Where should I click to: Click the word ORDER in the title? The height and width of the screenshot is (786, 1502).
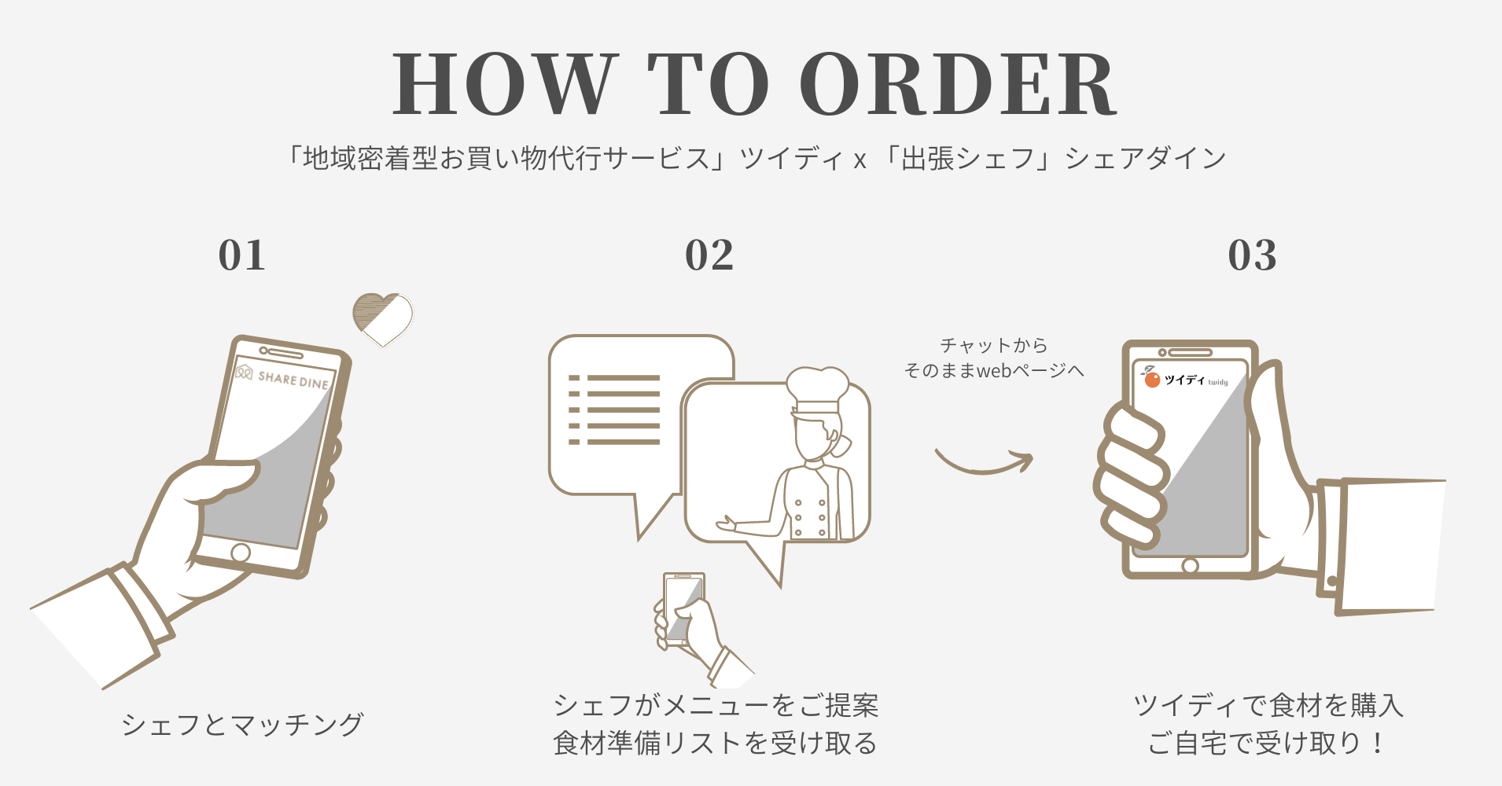959,84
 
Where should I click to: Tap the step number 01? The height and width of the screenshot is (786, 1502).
242,255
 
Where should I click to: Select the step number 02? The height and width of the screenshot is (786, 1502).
709,255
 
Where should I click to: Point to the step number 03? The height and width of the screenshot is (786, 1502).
1253,255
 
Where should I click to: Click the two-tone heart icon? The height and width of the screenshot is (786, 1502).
383,319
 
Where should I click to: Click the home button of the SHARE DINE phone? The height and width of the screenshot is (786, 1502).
241,553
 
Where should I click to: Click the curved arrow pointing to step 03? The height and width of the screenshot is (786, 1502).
983,468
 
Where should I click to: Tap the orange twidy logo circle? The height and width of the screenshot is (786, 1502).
1152,380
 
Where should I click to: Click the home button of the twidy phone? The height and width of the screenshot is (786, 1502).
1190,565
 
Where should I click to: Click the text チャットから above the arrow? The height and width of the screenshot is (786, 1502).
994,345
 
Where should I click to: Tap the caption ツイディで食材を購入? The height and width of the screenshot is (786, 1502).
1268,705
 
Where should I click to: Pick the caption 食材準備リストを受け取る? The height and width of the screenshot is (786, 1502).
715,743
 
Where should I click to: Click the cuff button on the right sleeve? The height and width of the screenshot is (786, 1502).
1331,582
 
